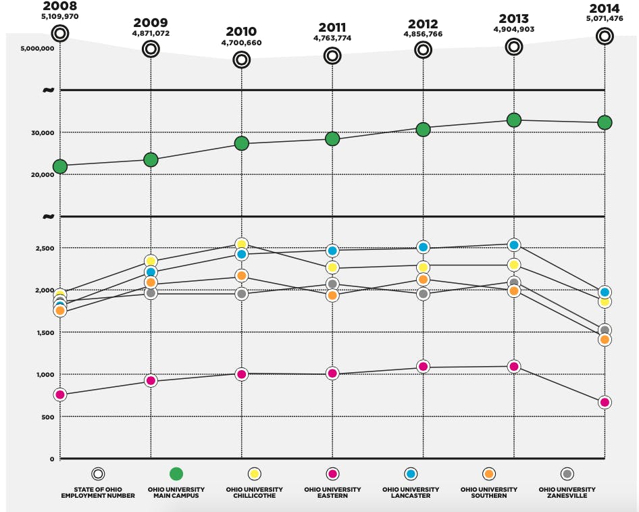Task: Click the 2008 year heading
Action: (x=60, y=6)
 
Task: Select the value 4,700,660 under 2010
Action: (x=241, y=43)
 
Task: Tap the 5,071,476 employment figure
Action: (x=604, y=19)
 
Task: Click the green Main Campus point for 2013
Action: (x=514, y=120)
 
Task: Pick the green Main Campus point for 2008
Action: (x=60, y=166)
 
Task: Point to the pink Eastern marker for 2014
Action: (x=605, y=402)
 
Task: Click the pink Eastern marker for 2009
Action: (x=151, y=381)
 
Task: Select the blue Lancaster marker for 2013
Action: (x=514, y=245)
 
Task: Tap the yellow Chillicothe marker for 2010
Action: (x=241, y=245)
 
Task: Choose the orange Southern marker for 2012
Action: (x=423, y=280)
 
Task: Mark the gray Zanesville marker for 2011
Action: (x=332, y=284)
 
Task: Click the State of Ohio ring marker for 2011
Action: (x=332, y=56)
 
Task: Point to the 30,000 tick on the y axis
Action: (x=41, y=133)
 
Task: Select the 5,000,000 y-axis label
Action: (x=37, y=49)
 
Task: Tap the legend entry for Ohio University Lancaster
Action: (x=411, y=492)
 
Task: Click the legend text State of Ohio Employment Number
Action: (x=98, y=492)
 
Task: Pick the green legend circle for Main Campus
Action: (x=176, y=474)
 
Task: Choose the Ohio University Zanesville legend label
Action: (x=567, y=492)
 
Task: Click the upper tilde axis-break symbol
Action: (x=48, y=90)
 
